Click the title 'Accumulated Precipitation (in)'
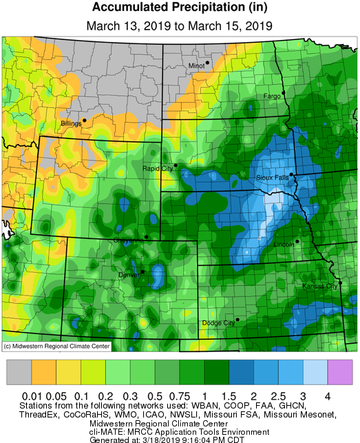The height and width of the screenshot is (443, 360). click(x=180, y=9)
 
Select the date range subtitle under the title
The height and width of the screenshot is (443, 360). click(x=180, y=25)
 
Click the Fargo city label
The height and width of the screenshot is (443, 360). click(x=272, y=96)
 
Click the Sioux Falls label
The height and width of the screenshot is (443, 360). click(x=271, y=178)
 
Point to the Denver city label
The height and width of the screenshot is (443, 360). click(x=128, y=275)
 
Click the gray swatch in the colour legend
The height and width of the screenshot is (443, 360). click(x=20, y=372)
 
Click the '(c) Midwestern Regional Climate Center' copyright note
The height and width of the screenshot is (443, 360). click(x=56, y=347)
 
